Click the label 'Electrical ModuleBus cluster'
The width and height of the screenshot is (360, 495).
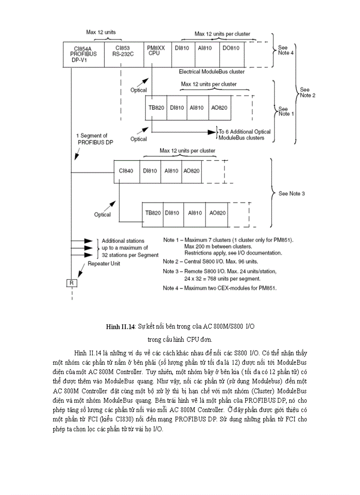212,71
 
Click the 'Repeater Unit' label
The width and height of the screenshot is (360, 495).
103,264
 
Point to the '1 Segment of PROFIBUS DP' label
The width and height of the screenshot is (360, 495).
93,139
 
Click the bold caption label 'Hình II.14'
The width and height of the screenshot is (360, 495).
120,327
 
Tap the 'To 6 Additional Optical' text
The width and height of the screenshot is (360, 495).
245,131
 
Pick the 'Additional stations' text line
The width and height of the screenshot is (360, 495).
123,241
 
